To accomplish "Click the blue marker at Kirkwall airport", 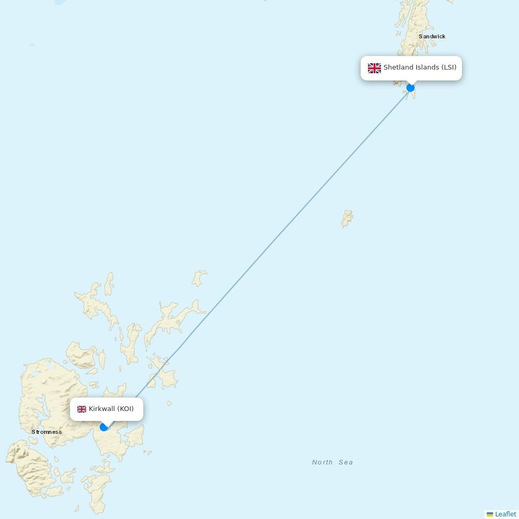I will point(104,427).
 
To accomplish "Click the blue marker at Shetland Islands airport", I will point(411,88).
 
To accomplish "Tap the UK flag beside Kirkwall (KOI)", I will point(81,409).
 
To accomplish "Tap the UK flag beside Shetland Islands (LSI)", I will point(374,68).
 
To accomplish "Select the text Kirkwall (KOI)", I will point(111,409).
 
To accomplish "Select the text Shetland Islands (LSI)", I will point(420,67).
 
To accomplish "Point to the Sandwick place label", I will point(432,36).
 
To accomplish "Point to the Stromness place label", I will point(47,432).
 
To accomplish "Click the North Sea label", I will point(332,462).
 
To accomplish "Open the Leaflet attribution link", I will point(506,514).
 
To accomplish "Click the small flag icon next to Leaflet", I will point(490,514).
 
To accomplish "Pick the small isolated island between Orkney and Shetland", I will point(347,218).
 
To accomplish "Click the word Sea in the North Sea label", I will point(346,462).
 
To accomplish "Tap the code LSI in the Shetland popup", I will point(449,67).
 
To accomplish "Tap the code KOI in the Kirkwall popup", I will point(125,409).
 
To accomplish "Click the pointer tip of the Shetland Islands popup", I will point(411,85).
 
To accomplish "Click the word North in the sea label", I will point(322,462).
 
